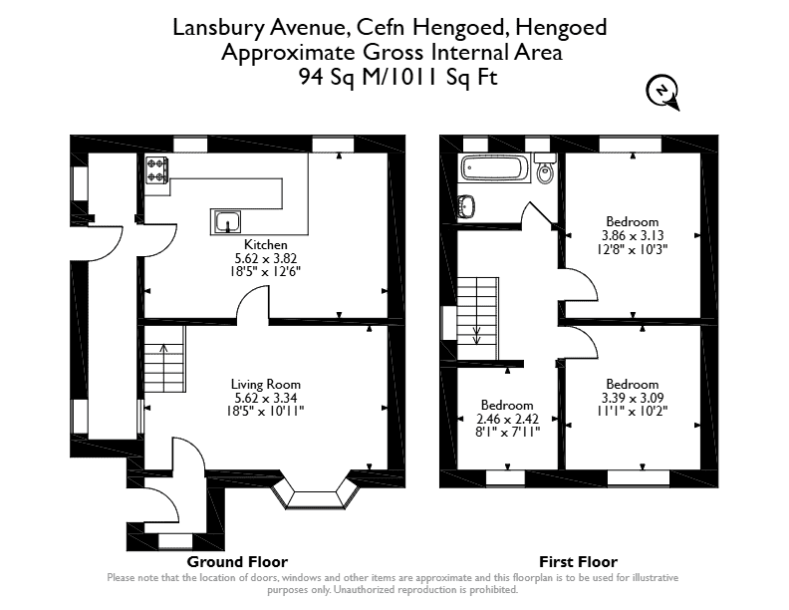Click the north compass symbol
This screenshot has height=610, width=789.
pyautogui.click(x=663, y=92)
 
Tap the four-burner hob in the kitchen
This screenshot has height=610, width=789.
pyautogui.click(x=157, y=169)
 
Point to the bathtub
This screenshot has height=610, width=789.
pyautogui.click(x=494, y=168)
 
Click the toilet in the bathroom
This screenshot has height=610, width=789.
pyautogui.click(x=545, y=168)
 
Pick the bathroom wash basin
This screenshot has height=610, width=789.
pyautogui.click(x=467, y=206)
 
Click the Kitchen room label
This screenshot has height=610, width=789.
pyautogui.click(x=266, y=244)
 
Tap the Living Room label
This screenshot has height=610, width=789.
pyautogui.click(x=266, y=384)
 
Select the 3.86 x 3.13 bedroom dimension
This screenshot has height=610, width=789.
pyautogui.click(x=633, y=235)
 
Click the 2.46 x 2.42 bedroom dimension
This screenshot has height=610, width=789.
pyautogui.click(x=507, y=419)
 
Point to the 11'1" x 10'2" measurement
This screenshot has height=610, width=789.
pyautogui.click(x=633, y=411)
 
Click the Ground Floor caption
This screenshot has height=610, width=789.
pyautogui.click(x=237, y=562)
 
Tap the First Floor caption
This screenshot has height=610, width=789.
pyautogui.click(x=578, y=562)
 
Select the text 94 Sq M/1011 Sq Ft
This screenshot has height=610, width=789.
pyautogui.click(x=398, y=77)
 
